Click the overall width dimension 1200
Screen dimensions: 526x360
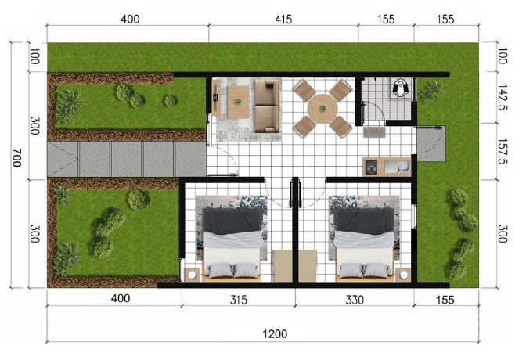click(x=275, y=334)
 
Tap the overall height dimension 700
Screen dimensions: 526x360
click(x=16, y=158)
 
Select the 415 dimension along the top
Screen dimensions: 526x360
click(x=283, y=19)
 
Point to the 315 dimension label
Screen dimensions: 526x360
click(x=239, y=300)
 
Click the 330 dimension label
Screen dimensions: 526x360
click(x=355, y=300)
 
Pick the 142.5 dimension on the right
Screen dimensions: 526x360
click(x=503, y=97)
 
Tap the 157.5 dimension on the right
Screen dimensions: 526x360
click(x=503, y=151)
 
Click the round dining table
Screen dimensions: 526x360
click(x=322, y=109)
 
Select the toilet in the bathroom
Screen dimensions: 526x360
click(x=399, y=88)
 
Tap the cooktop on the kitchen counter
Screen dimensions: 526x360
click(x=371, y=167)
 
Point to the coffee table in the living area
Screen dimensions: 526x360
click(x=238, y=103)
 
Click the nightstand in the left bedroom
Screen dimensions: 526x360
click(x=192, y=275)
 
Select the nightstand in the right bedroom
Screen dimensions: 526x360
click(x=403, y=275)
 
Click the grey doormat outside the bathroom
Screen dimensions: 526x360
click(x=374, y=131)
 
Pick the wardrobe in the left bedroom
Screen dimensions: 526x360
click(x=283, y=266)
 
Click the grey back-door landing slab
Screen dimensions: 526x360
click(x=431, y=143)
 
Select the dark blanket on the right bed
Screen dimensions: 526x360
click(x=364, y=220)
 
